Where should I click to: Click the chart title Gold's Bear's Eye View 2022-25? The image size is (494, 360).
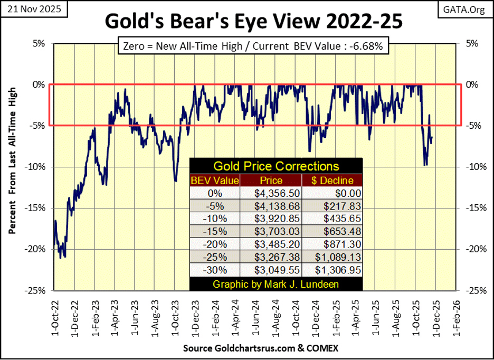[x=253, y=23]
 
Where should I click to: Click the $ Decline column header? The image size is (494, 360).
[x=336, y=181]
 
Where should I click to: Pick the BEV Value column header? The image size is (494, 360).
[x=215, y=181]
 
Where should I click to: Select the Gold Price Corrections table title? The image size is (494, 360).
[x=275, y=167]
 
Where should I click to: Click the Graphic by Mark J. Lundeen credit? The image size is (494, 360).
[x=275, y=285]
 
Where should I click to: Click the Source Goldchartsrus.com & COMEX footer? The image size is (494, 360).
[x=260, y=348]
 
